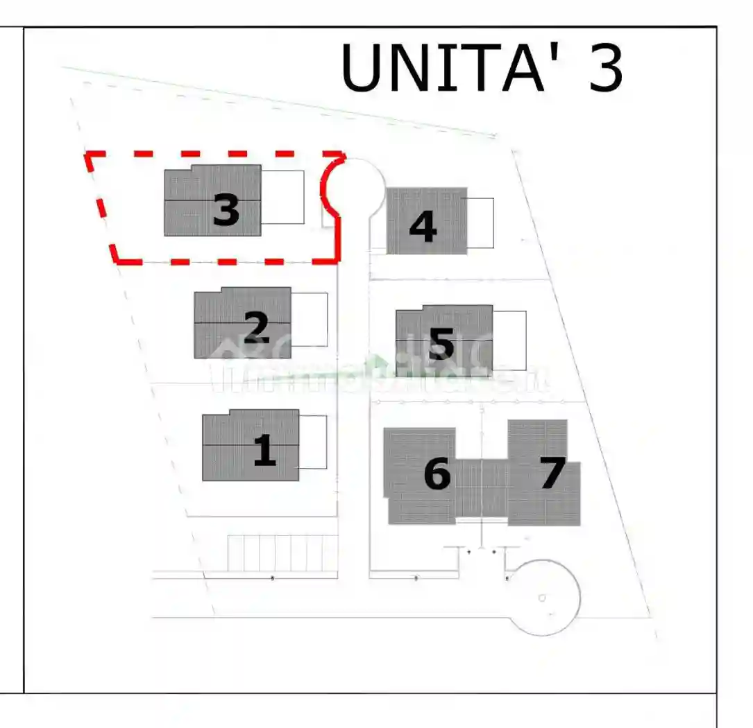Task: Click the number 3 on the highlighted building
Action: tap(226, 210)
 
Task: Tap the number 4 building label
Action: tap(423, 227)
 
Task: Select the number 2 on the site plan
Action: tap(257, 328)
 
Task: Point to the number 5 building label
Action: tap(442, 343)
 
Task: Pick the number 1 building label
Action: tap(264, 451)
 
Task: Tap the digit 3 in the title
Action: tap(605, 68)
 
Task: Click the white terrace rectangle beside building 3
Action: tap(282, 197)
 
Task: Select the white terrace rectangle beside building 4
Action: tap(480, 223)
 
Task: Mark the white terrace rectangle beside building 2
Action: tap(310, 319)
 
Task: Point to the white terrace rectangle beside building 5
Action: tap(509, 340)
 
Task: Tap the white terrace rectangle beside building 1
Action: tap(313, 442)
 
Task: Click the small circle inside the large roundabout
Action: tap(542, 598)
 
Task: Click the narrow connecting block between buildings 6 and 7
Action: tap(482, 489)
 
